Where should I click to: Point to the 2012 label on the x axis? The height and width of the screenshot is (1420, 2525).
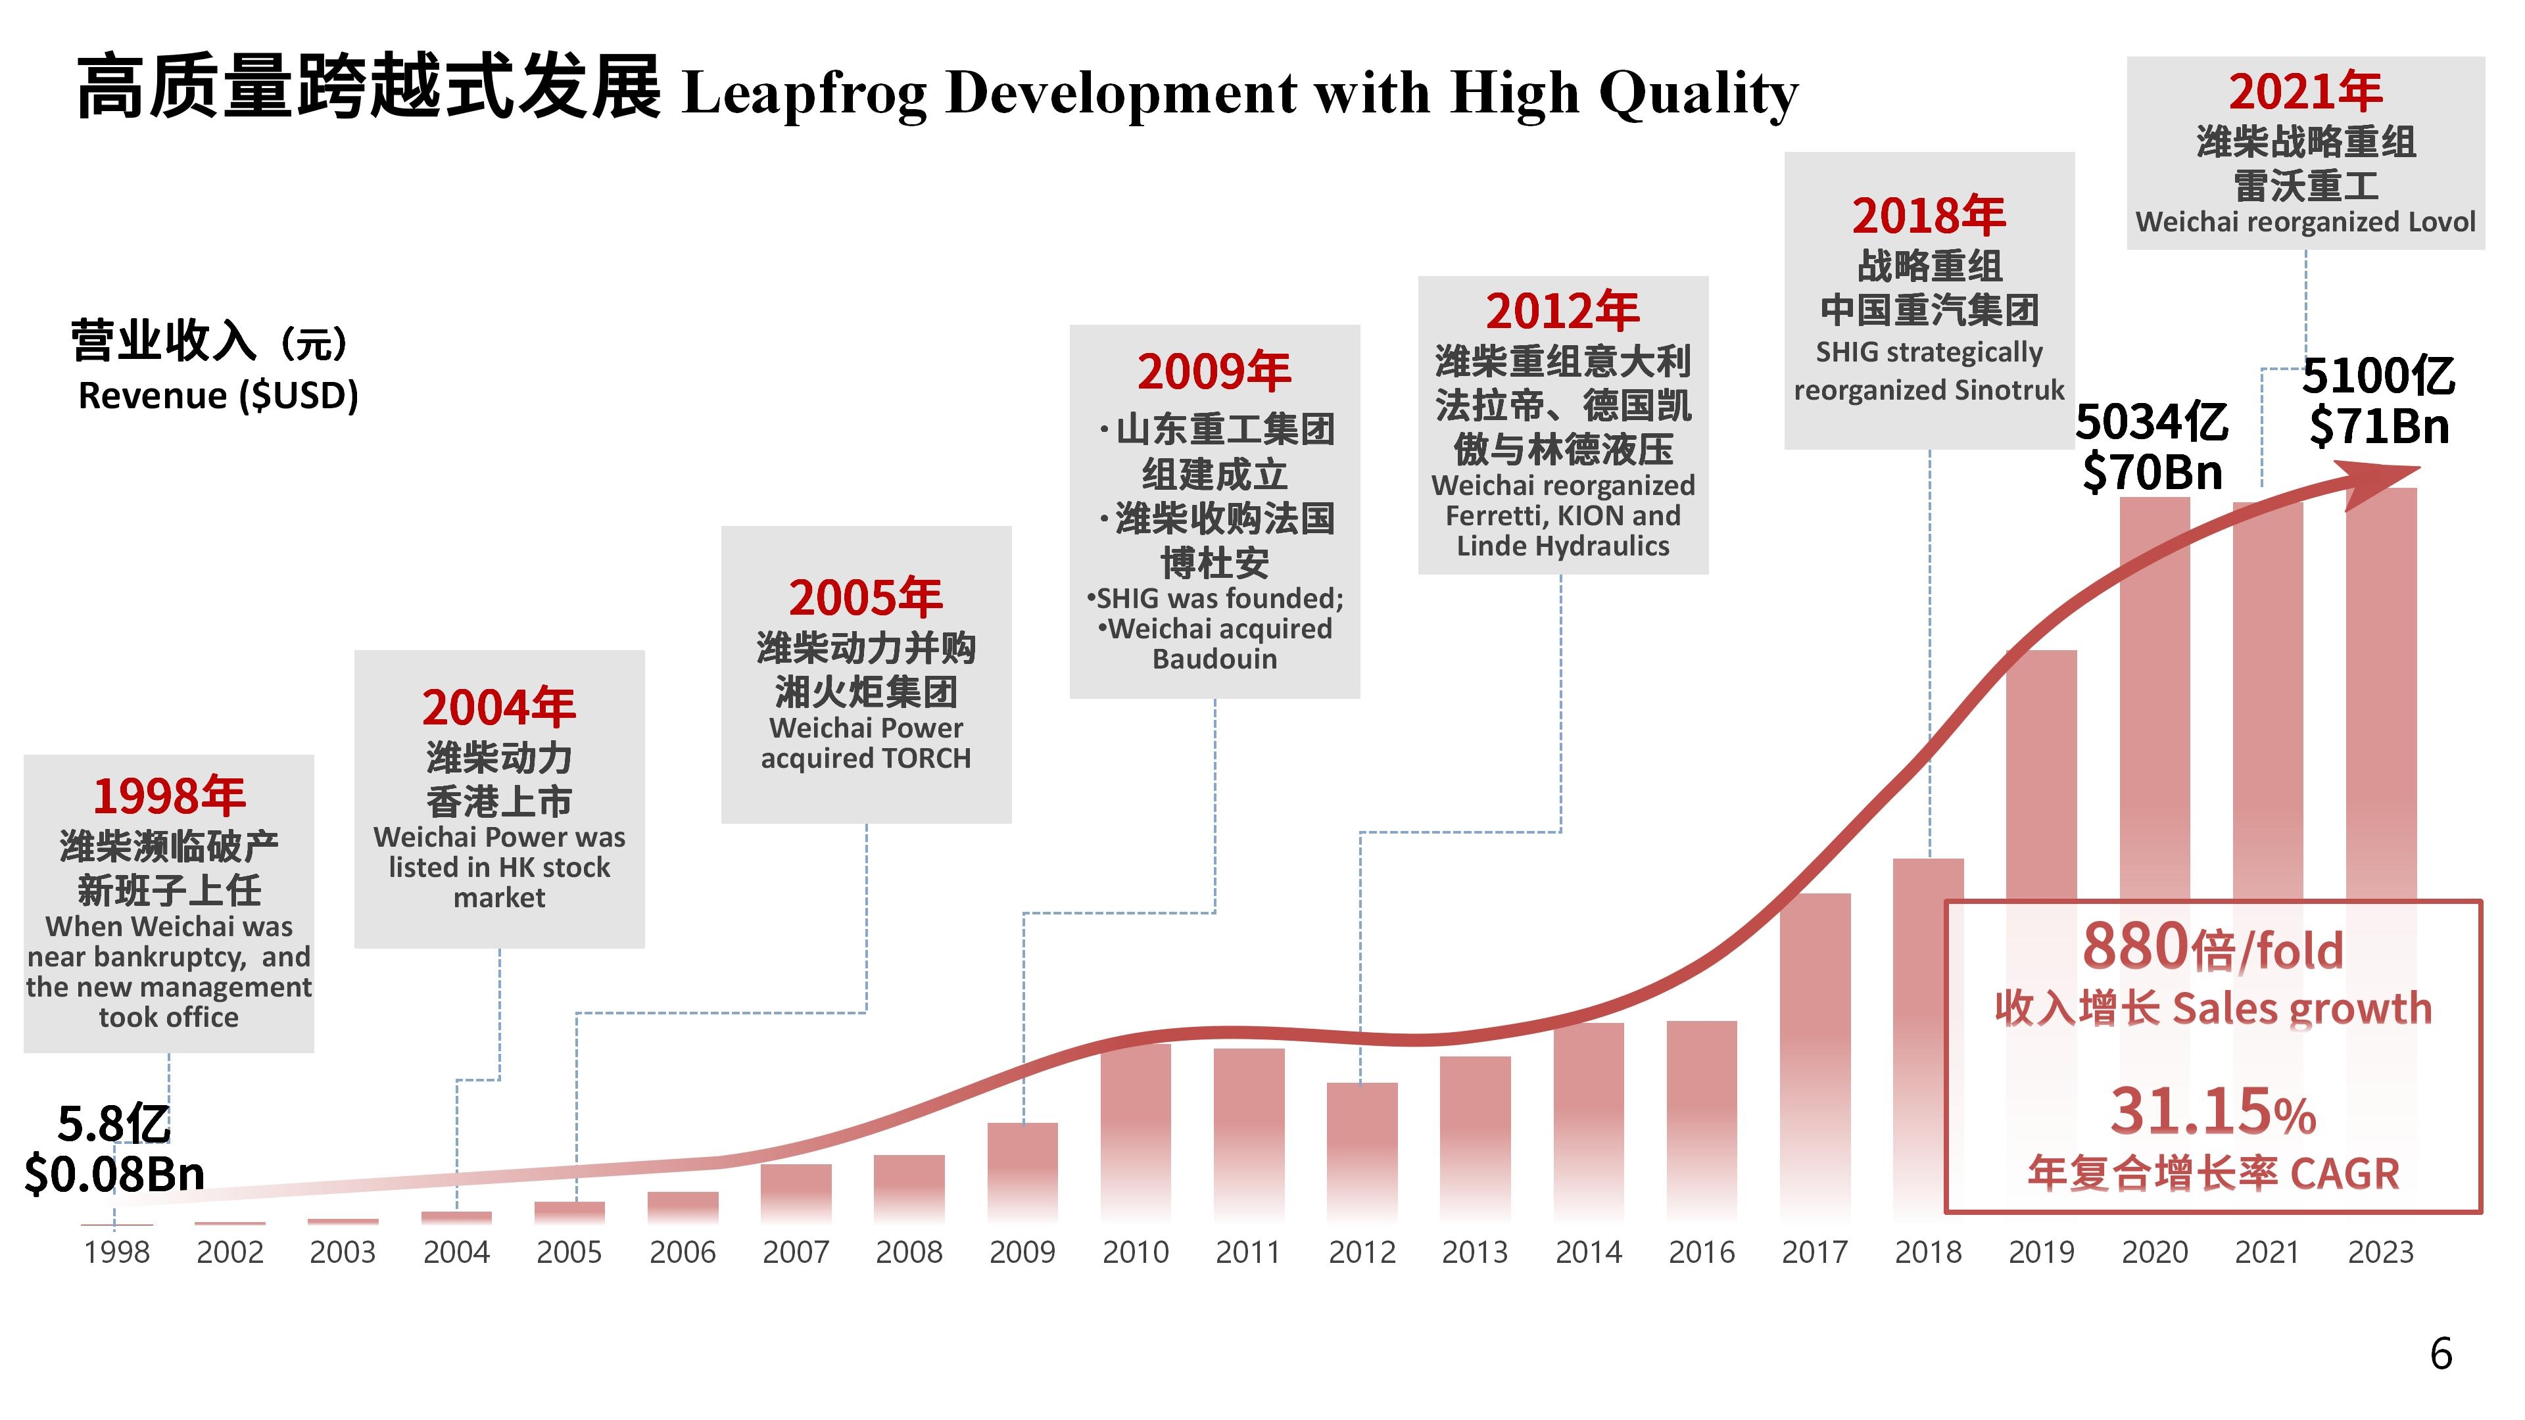point(1362,1252)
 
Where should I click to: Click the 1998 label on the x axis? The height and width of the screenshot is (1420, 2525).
point(116,1252)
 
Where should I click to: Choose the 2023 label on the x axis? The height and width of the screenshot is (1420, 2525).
point(2380,1252)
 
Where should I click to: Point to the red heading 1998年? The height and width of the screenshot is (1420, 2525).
point(168,795)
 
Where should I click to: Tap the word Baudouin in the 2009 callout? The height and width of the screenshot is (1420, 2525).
point(1214,659)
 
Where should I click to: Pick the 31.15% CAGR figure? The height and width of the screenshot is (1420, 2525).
point(2212,1112)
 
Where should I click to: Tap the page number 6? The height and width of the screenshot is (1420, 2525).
point(2441,1354)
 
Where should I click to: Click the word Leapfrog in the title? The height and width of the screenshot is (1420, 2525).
point(804,94)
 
